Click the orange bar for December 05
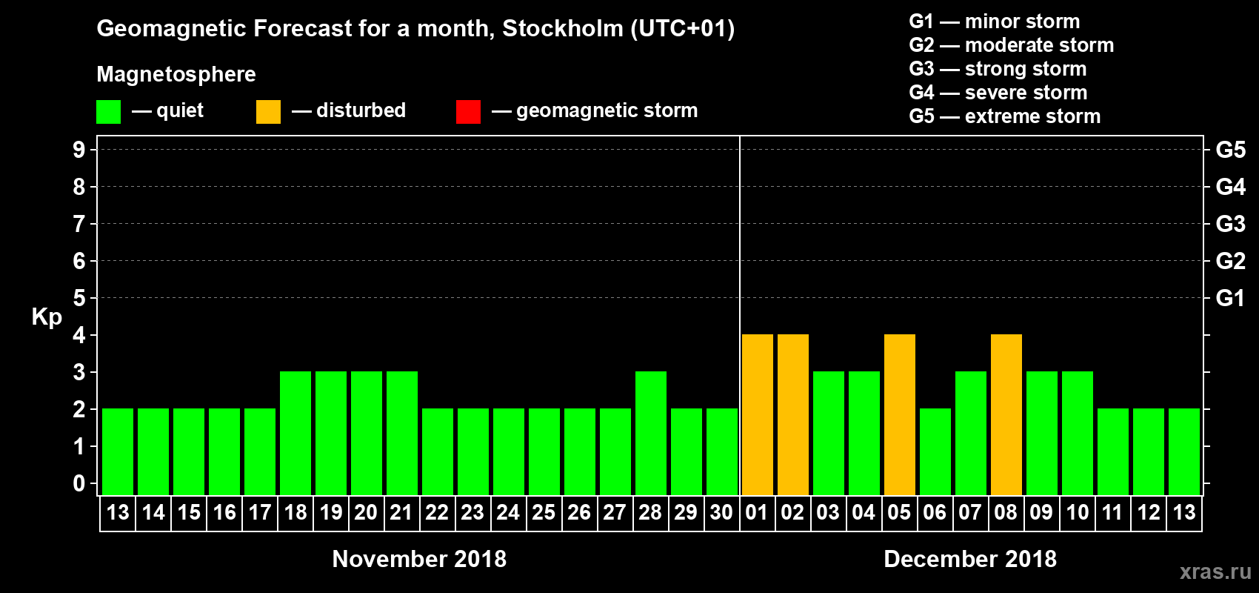coord(900,414)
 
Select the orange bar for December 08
coord(1006,414)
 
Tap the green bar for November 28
coord(651,433)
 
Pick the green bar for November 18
coord(295,433)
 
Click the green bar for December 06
coord(935,451)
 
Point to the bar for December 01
coord(758,414)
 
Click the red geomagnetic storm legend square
coord(468,112)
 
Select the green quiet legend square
coord(108,112)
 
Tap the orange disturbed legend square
coord(268,112)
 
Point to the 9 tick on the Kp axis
coord(79,150)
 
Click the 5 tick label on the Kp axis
coord(79,298)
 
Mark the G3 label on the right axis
coord(1230,224)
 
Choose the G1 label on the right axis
coord(1230,298)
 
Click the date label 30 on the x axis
coord(721,513)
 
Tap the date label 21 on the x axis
coord(401,513)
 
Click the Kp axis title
coord(47,317)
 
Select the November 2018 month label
coord(419,559)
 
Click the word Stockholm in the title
coord(562,29)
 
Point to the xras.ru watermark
coord(1215,572)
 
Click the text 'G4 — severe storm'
coord(998,93)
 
